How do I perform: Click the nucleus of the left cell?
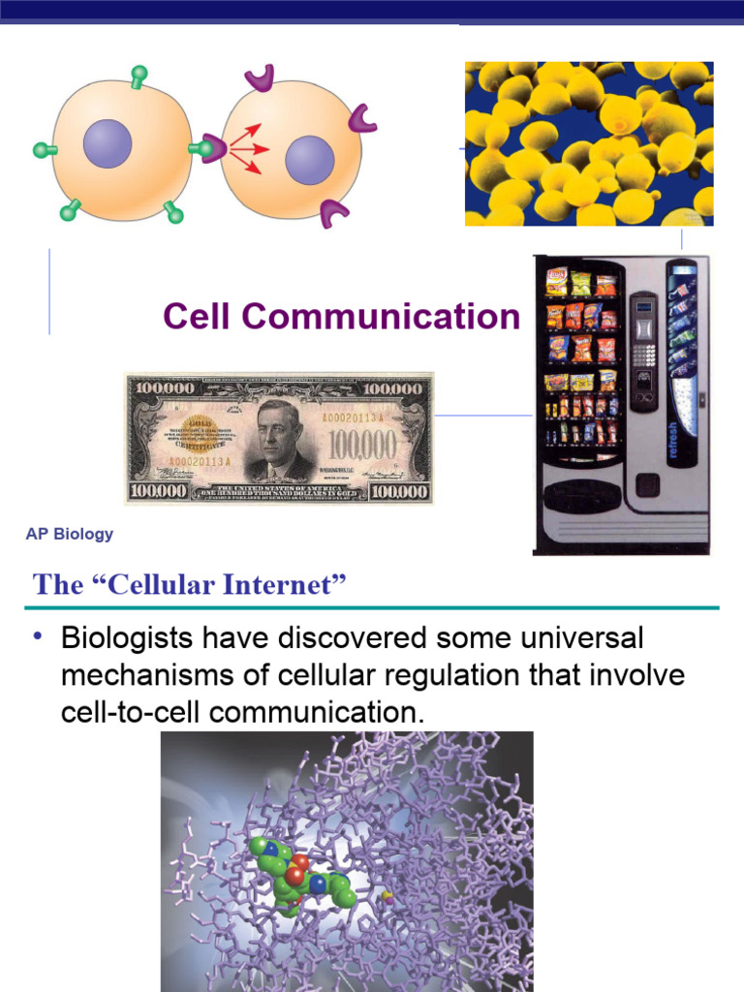[x=107, y=143]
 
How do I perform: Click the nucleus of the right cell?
[x=309, y=160]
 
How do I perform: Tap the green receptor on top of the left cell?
[x=139, y=76]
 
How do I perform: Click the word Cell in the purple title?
[x=199, y=317]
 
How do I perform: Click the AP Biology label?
[x=70, y=534]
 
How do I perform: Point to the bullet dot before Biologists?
[x=38, y=636]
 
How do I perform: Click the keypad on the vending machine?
[x=642, y=354]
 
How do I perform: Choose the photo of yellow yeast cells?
[x=589, y=143]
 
